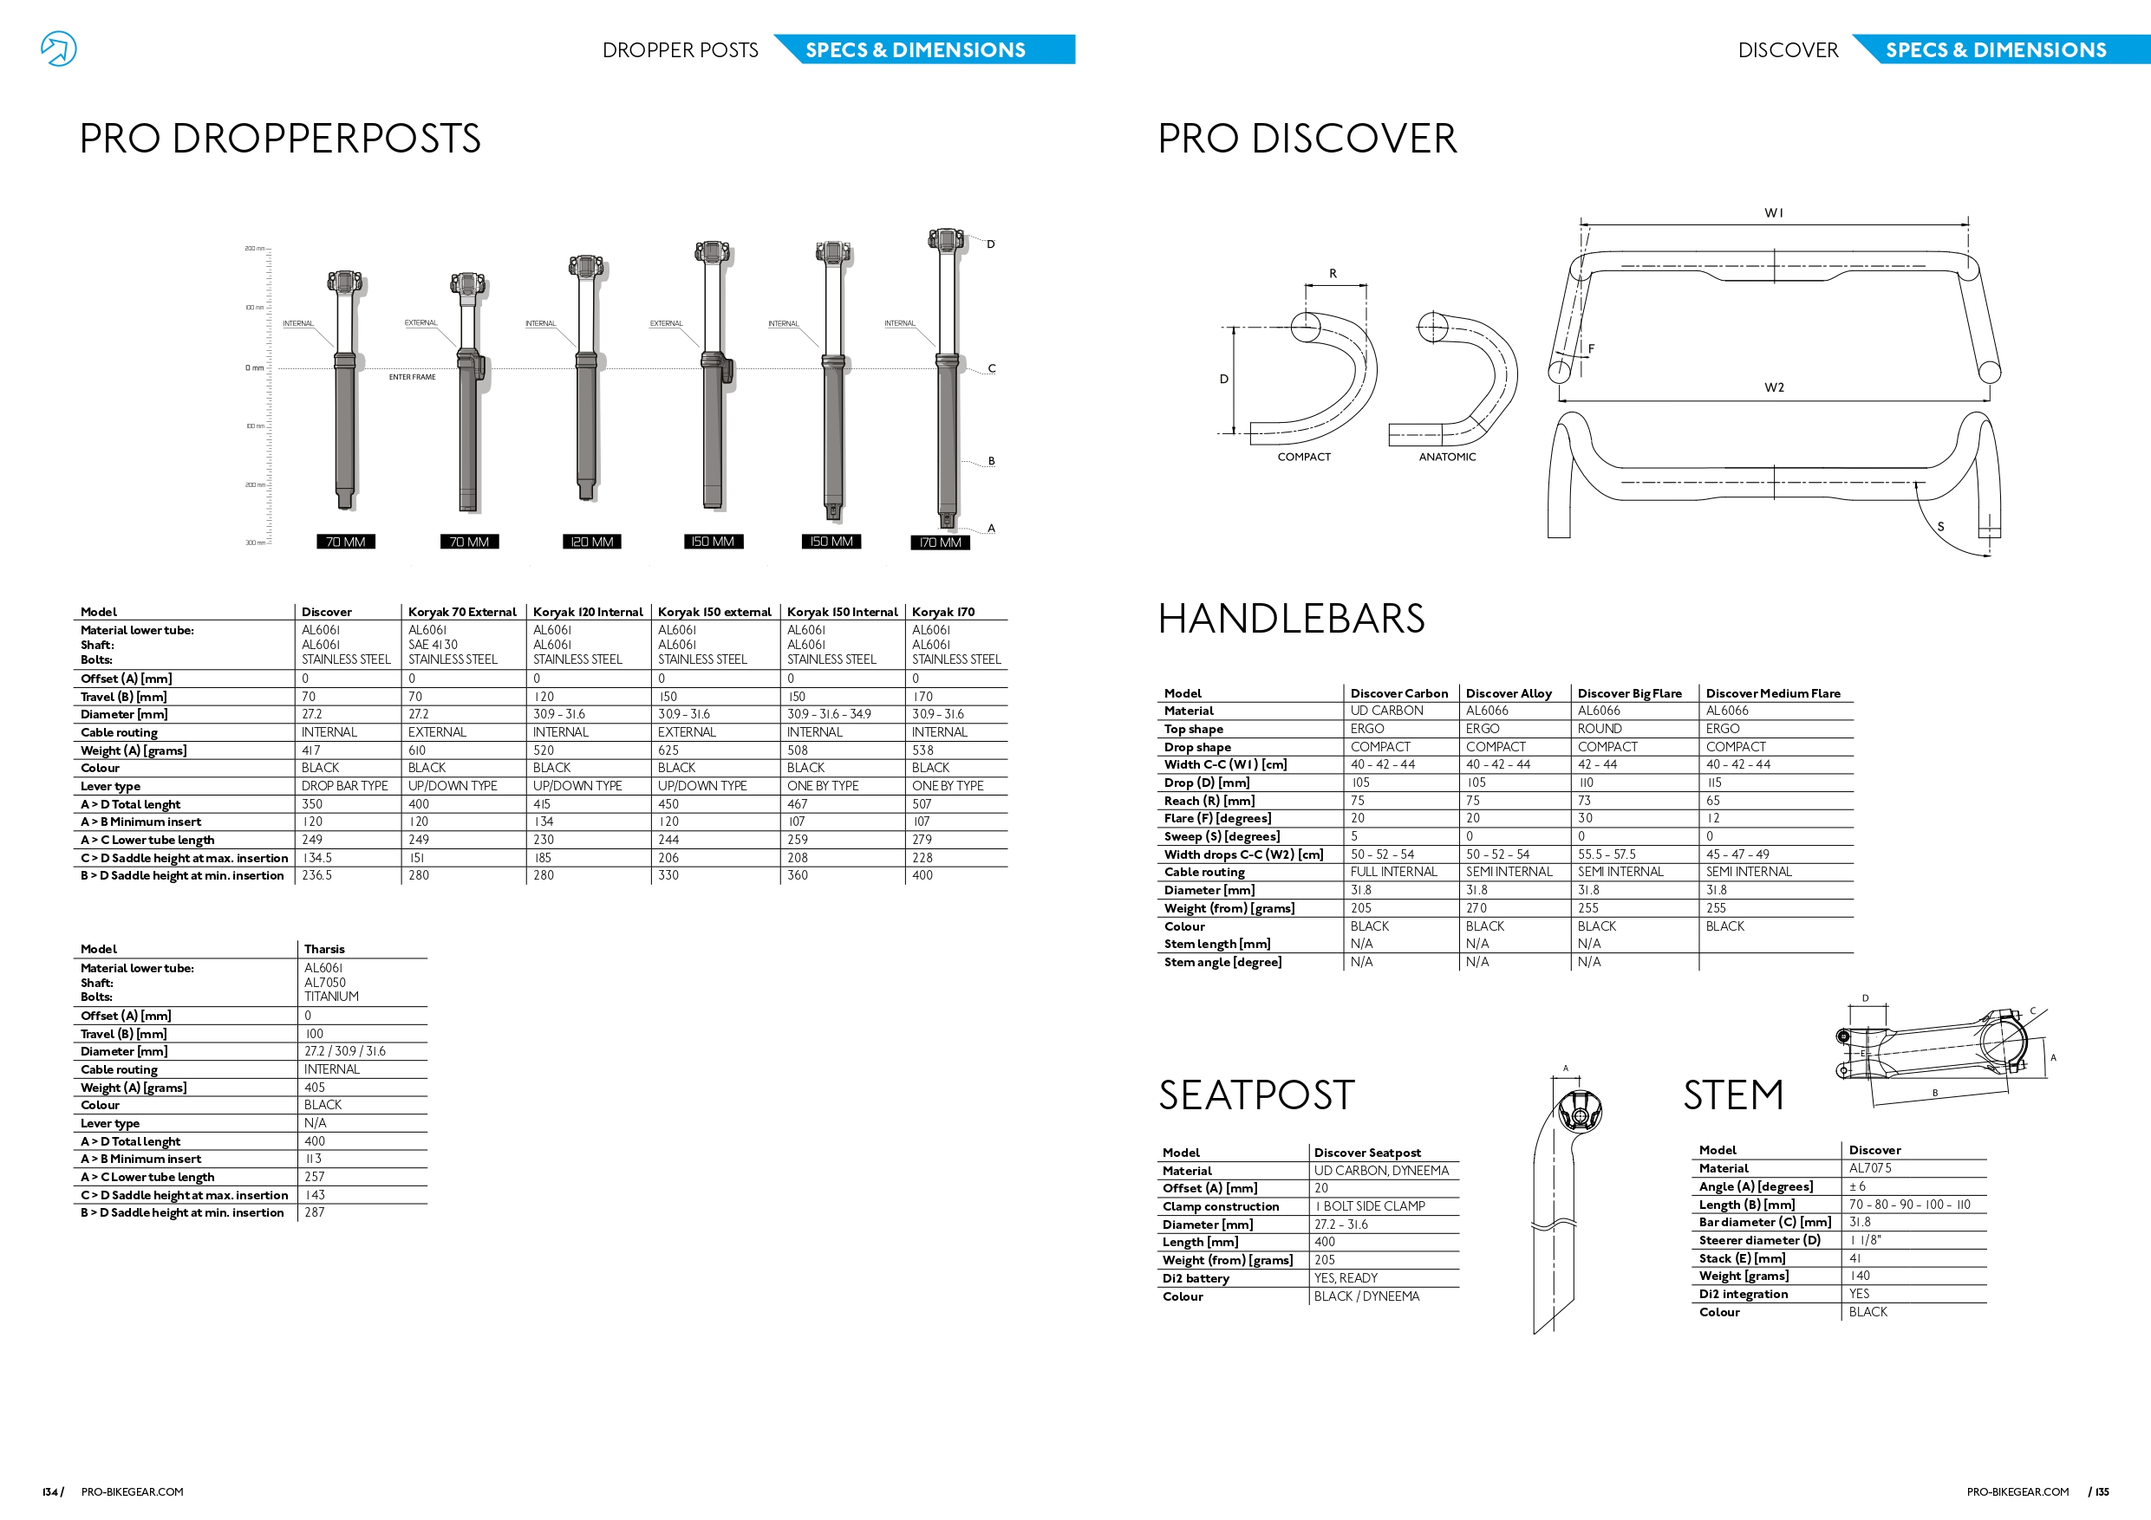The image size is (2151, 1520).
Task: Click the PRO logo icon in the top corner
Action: [x=58, y=49]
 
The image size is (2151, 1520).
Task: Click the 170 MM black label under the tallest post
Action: [x=940, y=542]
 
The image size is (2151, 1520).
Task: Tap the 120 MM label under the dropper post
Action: [x=592, y=542]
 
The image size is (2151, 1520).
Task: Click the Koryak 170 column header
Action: [x=942, y=612]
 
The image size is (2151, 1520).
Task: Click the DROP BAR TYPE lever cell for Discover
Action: [x=344, y=786]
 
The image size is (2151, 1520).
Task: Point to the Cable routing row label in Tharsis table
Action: [x=119, y=1069]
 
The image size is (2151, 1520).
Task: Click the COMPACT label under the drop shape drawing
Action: [x=1303, y=457]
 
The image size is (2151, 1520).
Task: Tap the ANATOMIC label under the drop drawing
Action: [x=1446, y=457]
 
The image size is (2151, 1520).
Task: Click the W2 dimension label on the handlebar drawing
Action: [x=1774, y=387]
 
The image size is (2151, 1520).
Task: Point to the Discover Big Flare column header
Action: [x=1629, y=693]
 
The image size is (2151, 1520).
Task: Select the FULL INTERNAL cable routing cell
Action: [x=1393, y=872]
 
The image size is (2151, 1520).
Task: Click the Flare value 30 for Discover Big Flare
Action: [x=1585, y=817]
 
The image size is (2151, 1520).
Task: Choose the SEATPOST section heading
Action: [x=1256, y=1095]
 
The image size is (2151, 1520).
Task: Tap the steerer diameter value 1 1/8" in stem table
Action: [x=1865, y=1240]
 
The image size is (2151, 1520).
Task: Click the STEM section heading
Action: [x=1732, y=1095]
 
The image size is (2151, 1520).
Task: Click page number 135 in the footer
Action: [x=2102, y=1492]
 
